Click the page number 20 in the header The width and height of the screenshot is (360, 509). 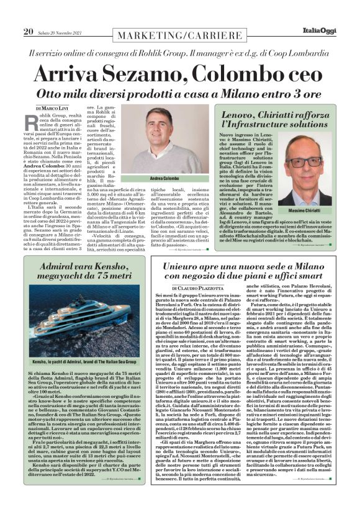coord(27,32)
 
